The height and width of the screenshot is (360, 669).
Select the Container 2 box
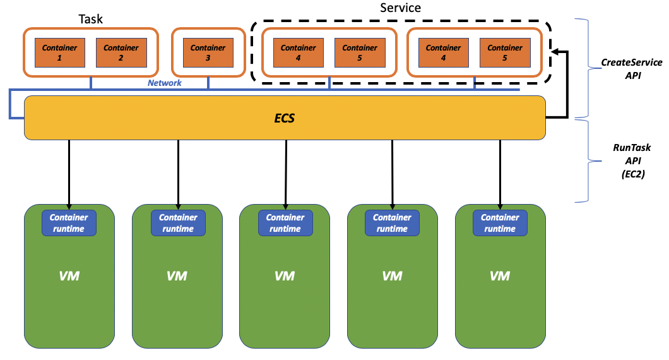(x=121, y=52)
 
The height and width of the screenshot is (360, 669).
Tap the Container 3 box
(x=208, y=52)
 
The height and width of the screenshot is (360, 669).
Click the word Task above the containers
(x=91, y=20)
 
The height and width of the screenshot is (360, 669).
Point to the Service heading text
(x=400, y=8)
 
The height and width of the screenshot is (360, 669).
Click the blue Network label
(x=165, y=83)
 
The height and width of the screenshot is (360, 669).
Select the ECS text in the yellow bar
(x=285, y=117)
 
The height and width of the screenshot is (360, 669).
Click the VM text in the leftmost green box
(x=69, y=276)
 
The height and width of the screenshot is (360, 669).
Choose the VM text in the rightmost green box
(x=500, y=276)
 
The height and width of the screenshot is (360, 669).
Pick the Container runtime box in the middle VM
(x=285, y=223)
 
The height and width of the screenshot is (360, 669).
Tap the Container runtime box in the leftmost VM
(x=69, y=223)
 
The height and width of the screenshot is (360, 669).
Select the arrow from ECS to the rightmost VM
(x=500, y=174)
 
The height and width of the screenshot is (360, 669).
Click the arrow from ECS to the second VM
(x=178, y=174)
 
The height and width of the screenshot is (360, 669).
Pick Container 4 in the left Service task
(x=299, y=52)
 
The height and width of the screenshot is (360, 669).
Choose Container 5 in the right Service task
(x=505, y=52)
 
